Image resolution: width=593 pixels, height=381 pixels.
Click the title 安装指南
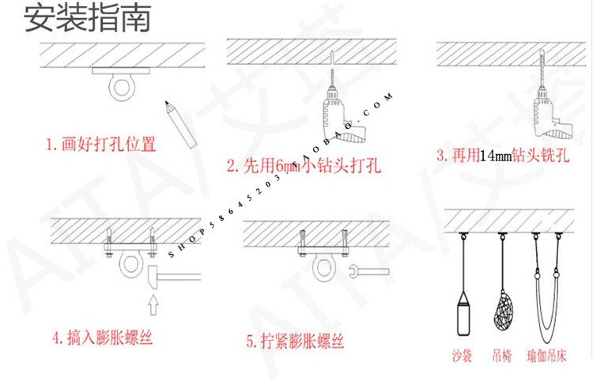(86, 18)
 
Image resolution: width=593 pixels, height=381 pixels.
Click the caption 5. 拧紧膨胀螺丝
(296, 342)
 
